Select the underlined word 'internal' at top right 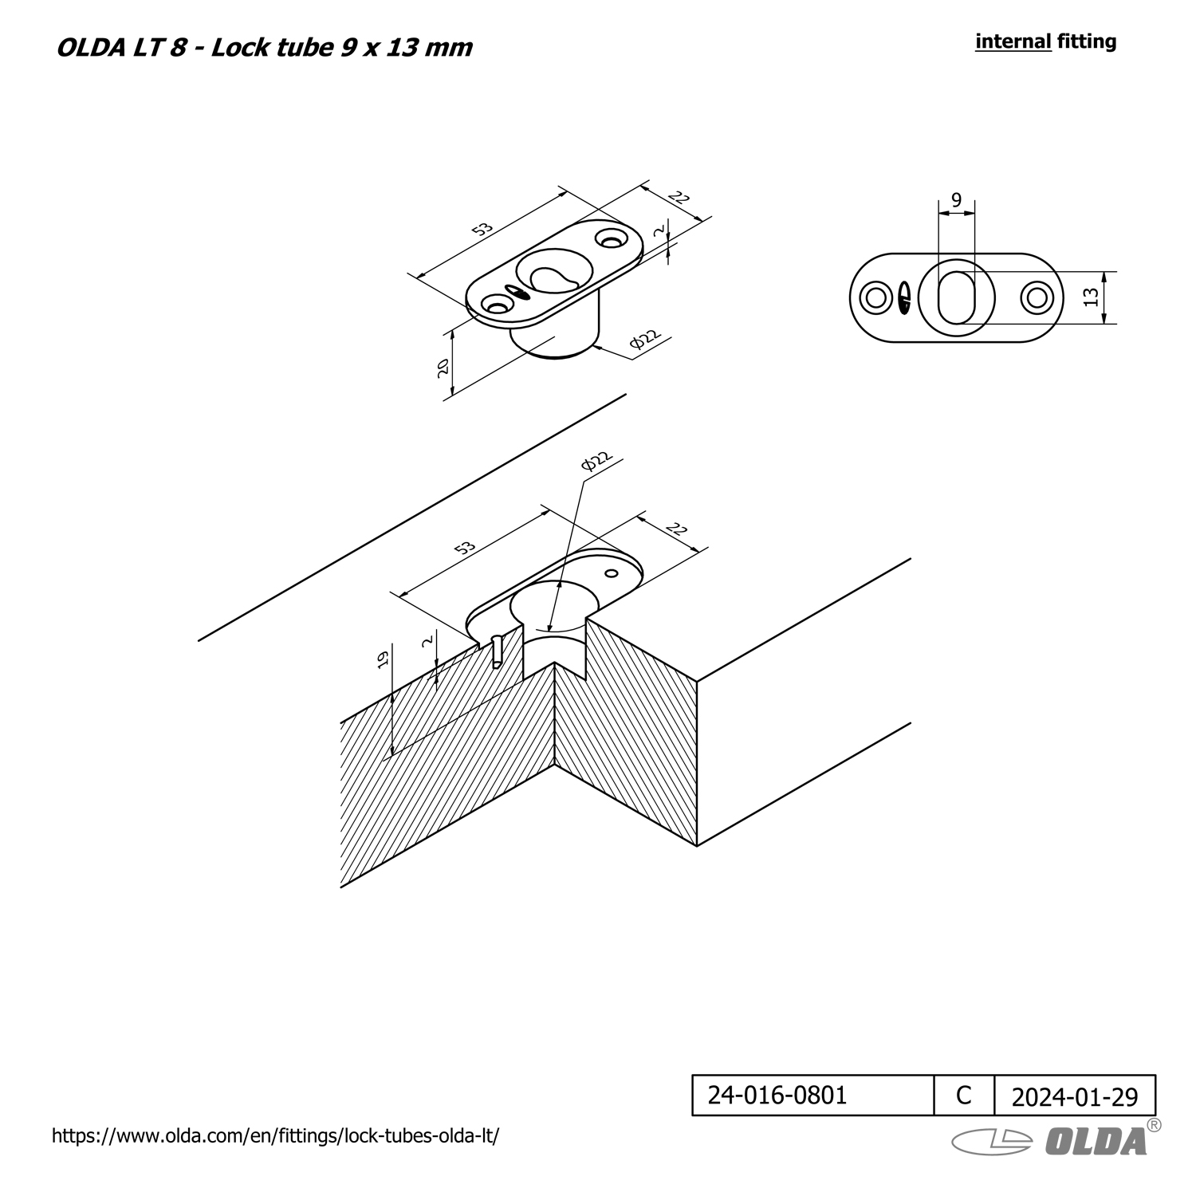coord(1013,41)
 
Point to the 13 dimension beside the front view coord(1092,297)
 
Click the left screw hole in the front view coord(875,297)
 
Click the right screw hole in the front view coord(1037,297)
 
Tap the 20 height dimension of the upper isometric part coord(443,367)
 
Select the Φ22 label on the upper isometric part coord(646,340)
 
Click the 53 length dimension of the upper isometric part coord(482,230)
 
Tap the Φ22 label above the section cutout coord(596,461)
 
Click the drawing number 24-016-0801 coord(777,1095)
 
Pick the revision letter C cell coord(964,1095)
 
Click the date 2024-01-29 coord(1075,1097)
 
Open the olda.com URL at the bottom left coord(275,1136)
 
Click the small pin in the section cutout coord(497,650)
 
